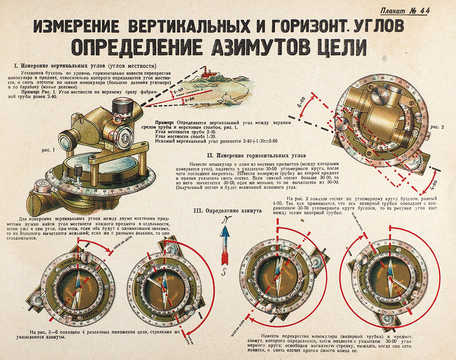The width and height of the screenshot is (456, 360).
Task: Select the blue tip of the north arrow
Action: [x=225, y=234]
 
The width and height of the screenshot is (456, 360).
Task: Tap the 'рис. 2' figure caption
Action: [x=437, y=127]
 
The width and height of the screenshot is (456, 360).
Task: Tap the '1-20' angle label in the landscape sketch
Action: [x=188, y=99]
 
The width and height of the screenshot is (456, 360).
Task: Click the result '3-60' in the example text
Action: [x=272, y=141]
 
